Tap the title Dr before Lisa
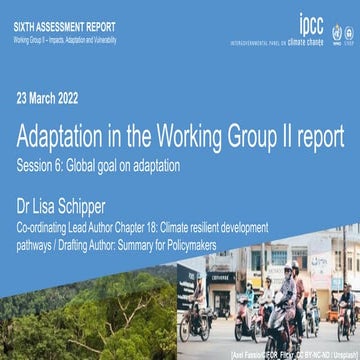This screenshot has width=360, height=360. click(26, 207)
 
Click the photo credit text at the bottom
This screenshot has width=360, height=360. click(304, 353)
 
